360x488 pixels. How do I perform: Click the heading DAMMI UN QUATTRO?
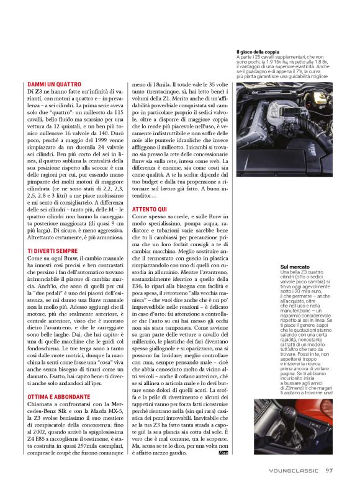[55, 84]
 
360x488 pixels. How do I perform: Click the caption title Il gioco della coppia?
[258, 51]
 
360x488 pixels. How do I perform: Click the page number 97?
[330, 470]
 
